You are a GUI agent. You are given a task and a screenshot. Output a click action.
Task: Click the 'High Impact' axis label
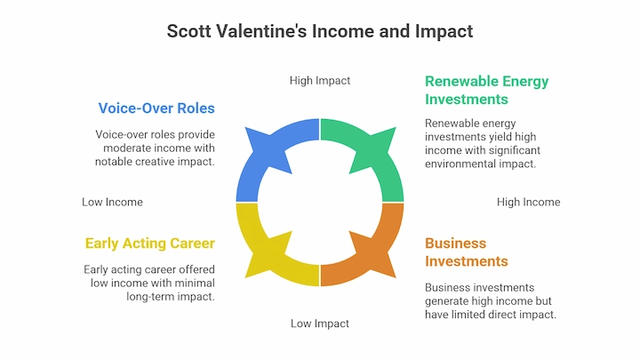point(320,81)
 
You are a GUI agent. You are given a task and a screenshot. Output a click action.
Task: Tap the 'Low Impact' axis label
point(320,324)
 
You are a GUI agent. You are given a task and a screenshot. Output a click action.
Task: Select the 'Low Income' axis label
point(112,202)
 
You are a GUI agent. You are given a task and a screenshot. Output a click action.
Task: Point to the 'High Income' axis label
point(529,202)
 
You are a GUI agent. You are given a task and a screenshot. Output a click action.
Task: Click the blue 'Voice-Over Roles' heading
point(156,108)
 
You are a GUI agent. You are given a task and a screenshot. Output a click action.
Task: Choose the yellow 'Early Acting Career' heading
point(150,244)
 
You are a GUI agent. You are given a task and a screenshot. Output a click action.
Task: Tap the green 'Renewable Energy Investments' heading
point(486,90)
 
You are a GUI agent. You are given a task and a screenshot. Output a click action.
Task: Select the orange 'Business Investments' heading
point(467,252)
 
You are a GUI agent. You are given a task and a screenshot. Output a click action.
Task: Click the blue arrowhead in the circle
point(268,149)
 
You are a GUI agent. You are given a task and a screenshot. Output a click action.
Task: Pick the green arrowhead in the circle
point(372,149)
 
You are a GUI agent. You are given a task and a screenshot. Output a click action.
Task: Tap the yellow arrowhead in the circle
point(268,255)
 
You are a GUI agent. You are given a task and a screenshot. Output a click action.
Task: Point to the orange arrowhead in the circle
point(372,255)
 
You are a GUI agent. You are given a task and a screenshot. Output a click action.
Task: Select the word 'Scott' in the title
point(189,31)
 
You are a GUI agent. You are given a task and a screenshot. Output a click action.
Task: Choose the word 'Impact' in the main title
point(444,31)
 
